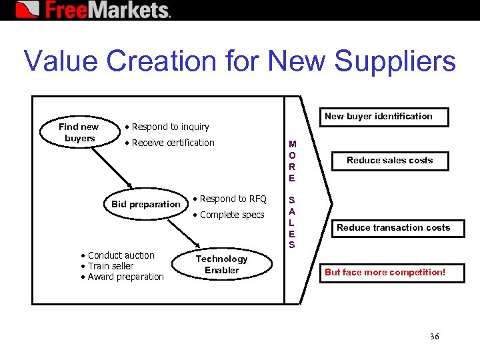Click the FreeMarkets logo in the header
point(93,10)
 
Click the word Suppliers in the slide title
point(395,61)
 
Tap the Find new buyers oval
point(79,132)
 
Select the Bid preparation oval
point(145,204)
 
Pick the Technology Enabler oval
point(221,264)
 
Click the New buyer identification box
point(378,117)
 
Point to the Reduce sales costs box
point(389,161)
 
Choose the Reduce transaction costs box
point(393,228)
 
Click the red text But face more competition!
point(385,273)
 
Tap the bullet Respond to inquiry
point(170,127)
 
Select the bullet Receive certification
point(173,143)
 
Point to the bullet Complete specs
point(232,215)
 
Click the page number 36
point(435,337)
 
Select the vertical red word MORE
point(292,161)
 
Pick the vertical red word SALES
point(292,222)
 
